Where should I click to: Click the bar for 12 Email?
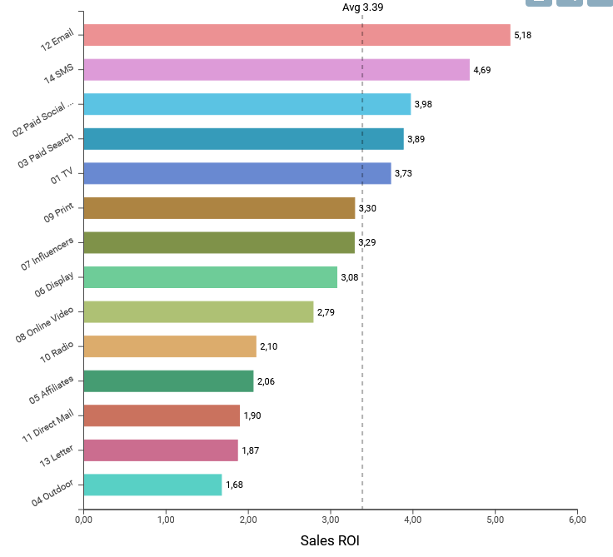(x=297, y=35)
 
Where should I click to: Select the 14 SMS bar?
(x=277, y=70)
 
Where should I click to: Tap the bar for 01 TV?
(x=237, y=173)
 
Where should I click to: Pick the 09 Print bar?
(x=219, y=208)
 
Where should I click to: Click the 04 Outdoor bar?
(x=152, y=485)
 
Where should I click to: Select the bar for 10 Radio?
(x=170, y=346)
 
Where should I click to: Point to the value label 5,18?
(x=522, y=35)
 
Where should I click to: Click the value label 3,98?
(x=423, y=104)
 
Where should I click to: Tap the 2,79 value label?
(x=326, y=312)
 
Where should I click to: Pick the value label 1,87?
(x=251, y=450)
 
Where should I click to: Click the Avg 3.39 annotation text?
(x=363, y=7)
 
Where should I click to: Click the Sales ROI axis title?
(x=330, y=540)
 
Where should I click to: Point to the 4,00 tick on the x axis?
(x=412, y=520)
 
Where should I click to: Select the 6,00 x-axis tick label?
(x=577, y=520)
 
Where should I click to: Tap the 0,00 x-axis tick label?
(x=83, y=520)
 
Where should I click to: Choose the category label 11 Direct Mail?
(x=48, y=426)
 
